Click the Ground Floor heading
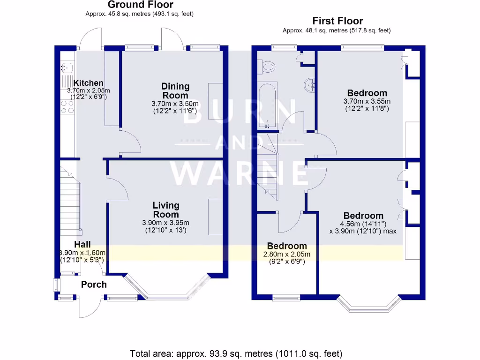(x=140, y=5)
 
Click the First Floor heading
(x=337, y=21)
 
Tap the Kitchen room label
(x=85, y=83)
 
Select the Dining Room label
(x=175, y=90)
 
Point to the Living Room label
(x=166, y=210)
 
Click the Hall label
(x=82, y=244)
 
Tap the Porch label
(x=94, y=285)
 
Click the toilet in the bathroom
(x=268, y=67)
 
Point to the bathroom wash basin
(x=309, y=85)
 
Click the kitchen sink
(x=66, y=68)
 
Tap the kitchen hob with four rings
(x=67, y=107)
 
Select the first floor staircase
(x=268, y=164)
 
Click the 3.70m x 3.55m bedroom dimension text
(x=367, y=101)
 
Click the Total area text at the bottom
(x=236, y=353)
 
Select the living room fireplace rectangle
(x=216, y=217)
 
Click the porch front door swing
(x=90, y=308)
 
